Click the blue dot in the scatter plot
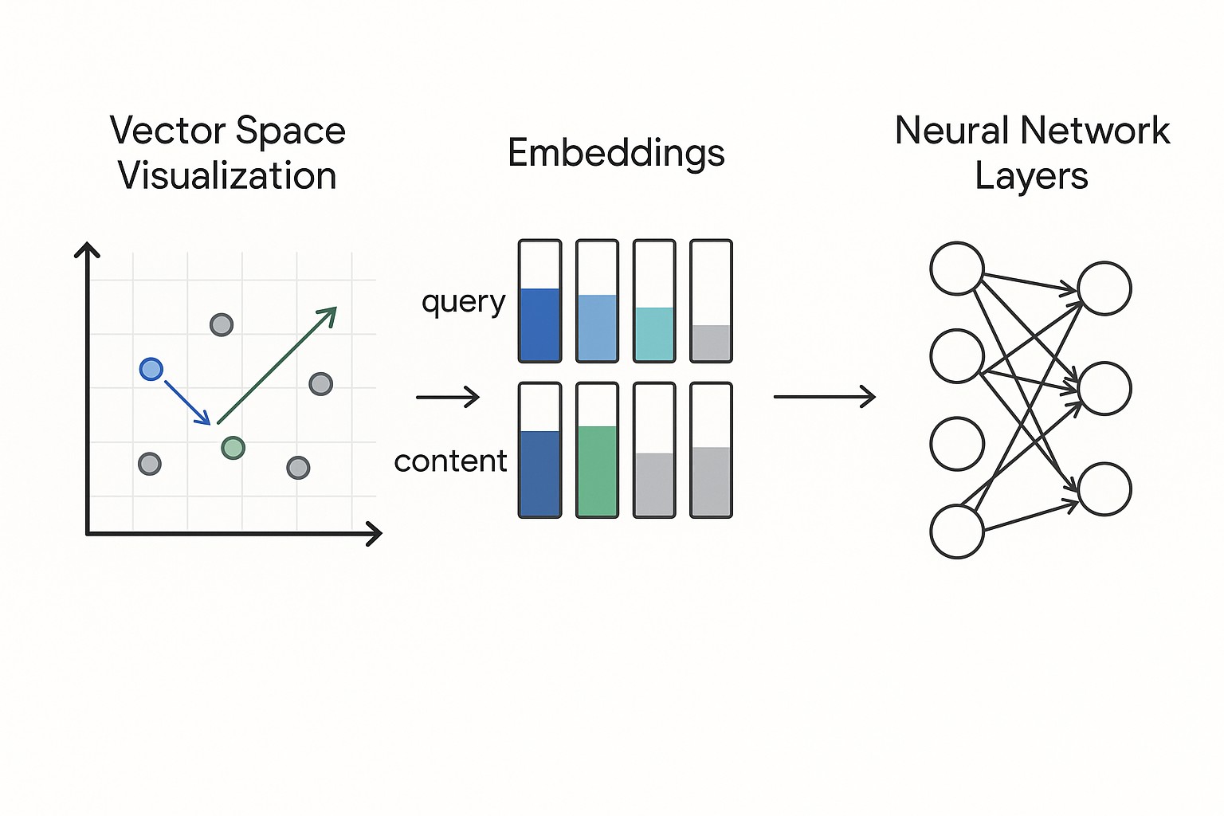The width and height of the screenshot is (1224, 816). (x=151, y=369)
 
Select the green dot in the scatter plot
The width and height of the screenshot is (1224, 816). (x=233, y=448)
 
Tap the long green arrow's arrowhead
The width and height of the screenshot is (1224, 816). (x=328, y=315)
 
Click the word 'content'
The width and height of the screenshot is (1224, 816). (x=450, y=461)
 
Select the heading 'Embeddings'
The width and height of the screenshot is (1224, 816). (x=616, y=153)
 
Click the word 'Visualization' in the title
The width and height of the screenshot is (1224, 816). (x=227, y=176)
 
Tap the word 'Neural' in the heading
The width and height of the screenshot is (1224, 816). (x=952, y=131)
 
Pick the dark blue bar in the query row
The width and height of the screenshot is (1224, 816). (x=539, y=324)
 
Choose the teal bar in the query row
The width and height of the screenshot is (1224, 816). (x=654, y=333)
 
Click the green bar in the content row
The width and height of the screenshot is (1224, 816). (x=597, y=470)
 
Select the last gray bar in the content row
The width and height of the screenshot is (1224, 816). (x=711, y=481)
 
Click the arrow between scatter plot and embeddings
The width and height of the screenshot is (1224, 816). (x=448, y=396)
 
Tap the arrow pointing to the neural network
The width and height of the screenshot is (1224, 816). (x=825, y=396)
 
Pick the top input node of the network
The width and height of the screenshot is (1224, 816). (x=957, y=269)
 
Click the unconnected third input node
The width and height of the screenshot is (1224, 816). (x=957, y=444)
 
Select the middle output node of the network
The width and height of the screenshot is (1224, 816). (x=1104, y=388)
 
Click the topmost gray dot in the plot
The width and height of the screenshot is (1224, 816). (x=222, y=324)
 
